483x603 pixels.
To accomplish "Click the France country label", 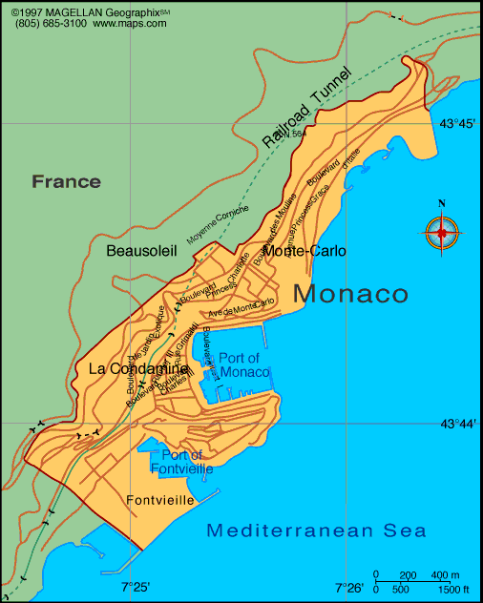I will pyautogui.click(x=66, y=181).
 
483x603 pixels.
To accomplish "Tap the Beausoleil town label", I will pyautogui.click(x=142, y=250).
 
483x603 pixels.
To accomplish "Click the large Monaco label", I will pyautogui.click(x=350, y=294).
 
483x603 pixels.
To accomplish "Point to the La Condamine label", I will pyautogui.click(x=137, y=368).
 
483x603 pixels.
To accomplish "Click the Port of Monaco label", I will pyautogui.click(x=244, y=364).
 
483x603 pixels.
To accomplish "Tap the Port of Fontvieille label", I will pyautogui.click(x=181, y=462).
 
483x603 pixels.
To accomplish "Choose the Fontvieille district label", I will pyautogui.click(x=160, y=500).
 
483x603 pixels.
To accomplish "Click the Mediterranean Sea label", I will pyautogui.click(x=317, y=530).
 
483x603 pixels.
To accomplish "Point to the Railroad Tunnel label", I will pyautogui.click(x=307, y=107).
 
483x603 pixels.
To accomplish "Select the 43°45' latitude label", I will pyautogui.click(x=457, y=123).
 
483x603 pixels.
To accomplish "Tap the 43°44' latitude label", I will pyautogui.click(x=457, y=424).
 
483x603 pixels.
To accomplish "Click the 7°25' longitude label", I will pyautogui.click(x=136, y=588).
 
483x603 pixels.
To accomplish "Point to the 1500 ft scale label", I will pyautogui.click(x=454, y=590).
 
